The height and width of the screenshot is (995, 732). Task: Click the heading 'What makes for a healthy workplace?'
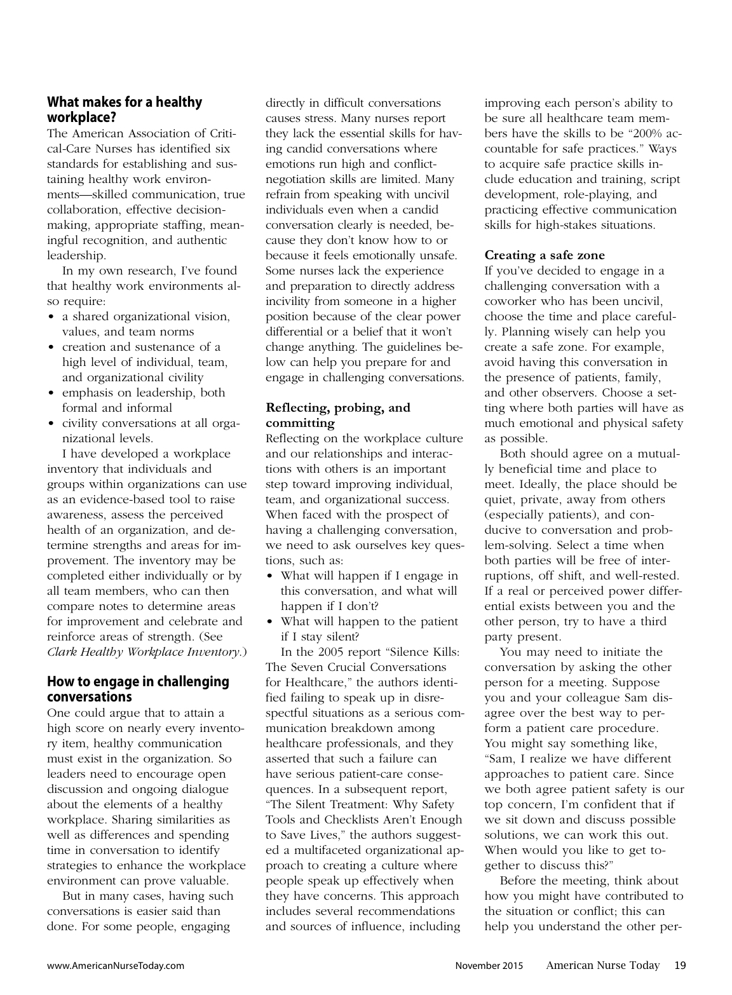point(125,109)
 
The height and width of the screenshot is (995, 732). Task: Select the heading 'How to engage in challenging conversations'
point(138,689)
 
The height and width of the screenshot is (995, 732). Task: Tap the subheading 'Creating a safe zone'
point(545,255)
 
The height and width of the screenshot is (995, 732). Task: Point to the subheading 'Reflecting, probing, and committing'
point(337,415)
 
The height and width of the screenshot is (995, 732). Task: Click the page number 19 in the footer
point(679,966)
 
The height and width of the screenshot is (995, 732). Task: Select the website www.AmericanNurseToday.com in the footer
point(116,966)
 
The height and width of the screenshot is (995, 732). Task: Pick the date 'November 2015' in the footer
point(489,966)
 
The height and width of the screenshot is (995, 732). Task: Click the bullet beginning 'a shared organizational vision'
point(146,316)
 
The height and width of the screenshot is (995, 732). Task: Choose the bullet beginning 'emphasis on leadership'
point(143,393)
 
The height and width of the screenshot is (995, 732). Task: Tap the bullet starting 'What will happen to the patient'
point(369,621)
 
